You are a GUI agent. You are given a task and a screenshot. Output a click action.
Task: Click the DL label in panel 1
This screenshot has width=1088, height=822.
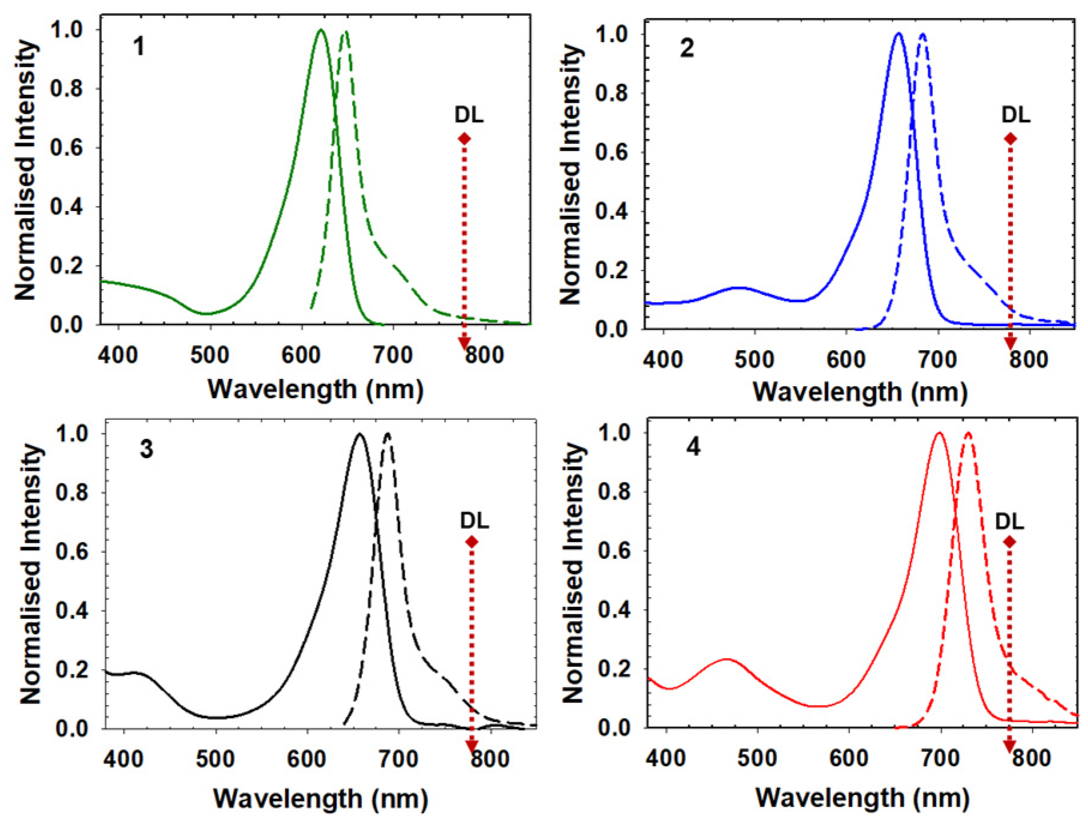click(469, 115)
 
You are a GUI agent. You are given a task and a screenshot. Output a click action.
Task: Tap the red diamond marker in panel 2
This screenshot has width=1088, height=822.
click(1011, 139)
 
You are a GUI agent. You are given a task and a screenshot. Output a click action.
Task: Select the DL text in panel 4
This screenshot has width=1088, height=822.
click(1009, 521)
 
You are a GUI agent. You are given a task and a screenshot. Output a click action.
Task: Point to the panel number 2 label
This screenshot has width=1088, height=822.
click(686, 47)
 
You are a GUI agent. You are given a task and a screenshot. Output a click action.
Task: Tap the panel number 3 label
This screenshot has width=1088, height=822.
click(146, 449)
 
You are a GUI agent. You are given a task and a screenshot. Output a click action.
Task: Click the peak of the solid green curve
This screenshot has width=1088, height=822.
click(321, 30)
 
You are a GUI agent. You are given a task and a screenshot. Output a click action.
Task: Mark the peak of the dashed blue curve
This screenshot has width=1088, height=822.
click(923, 34)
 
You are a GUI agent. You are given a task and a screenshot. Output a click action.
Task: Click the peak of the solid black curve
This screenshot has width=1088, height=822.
click(360, 434)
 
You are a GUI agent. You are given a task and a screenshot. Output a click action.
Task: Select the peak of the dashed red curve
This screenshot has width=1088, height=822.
click(968, 433)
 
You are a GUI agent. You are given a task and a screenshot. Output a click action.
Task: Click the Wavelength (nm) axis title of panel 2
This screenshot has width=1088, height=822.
click(860, 392)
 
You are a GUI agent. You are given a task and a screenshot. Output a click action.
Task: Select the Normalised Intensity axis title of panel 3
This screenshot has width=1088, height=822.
click(31, 574)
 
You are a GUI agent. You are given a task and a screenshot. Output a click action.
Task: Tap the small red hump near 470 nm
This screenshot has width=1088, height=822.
click(727, 660)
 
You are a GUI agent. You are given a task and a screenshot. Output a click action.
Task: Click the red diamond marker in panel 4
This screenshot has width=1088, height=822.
click(1009, 542)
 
